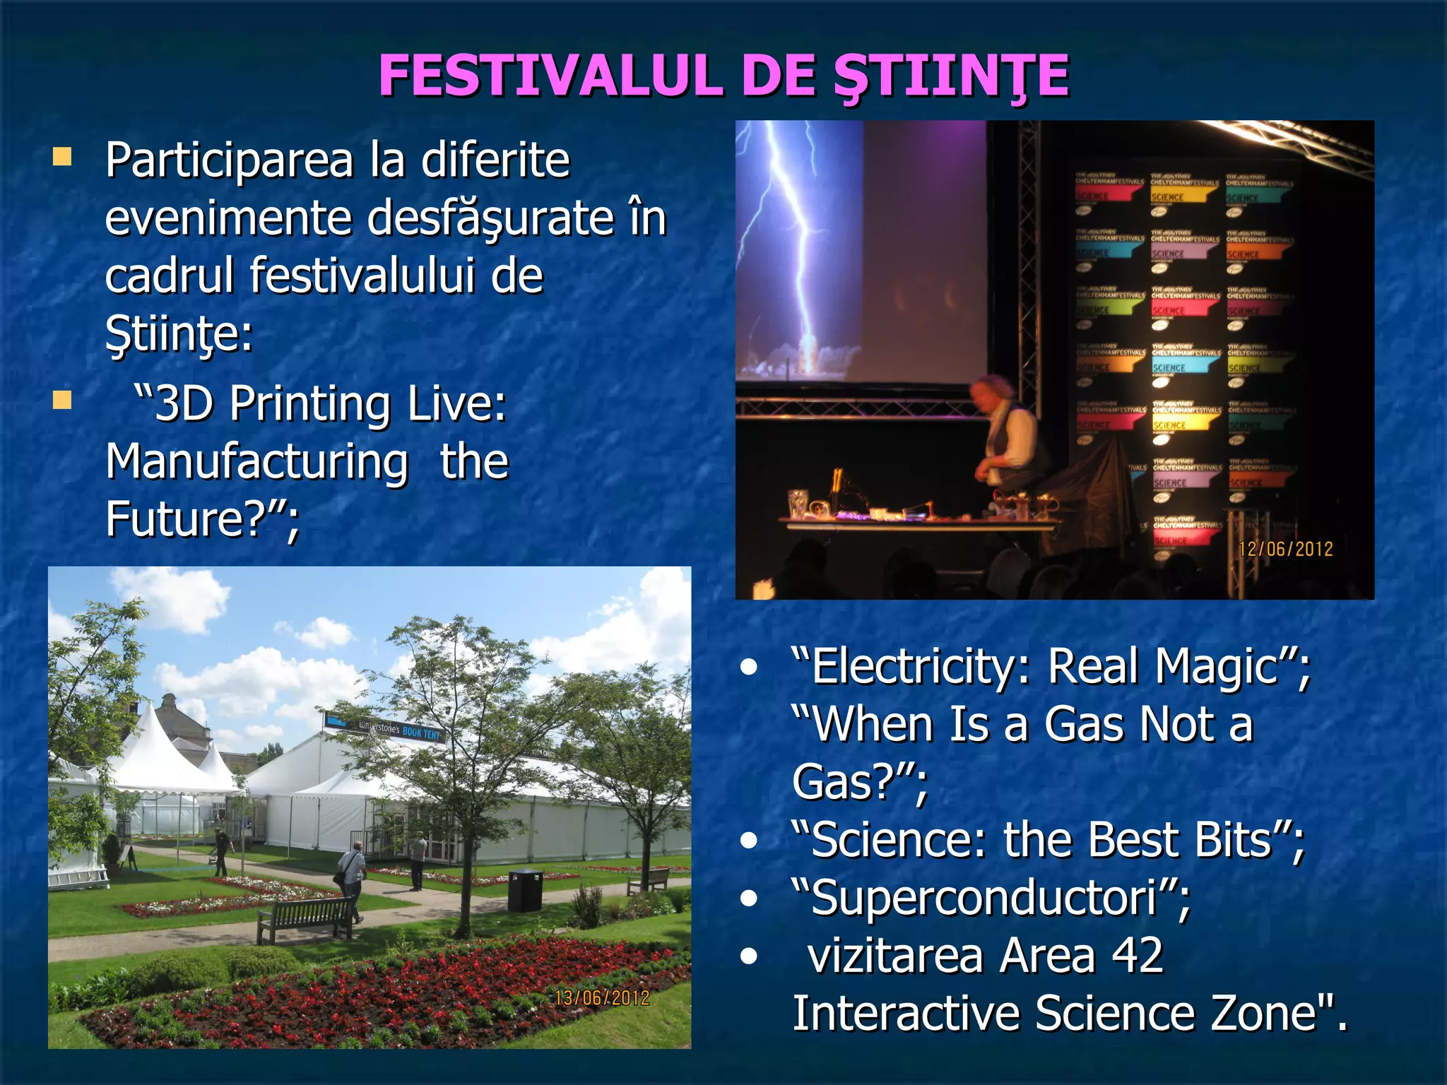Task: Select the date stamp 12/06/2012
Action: point(1285,549)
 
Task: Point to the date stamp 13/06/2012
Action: point(602,997)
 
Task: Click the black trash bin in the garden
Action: point(525,890)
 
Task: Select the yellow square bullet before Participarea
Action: point(62,156)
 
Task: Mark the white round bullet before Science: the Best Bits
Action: point(749,841)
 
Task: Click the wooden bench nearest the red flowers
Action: point(305,918)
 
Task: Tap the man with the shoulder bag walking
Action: point(352,876)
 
